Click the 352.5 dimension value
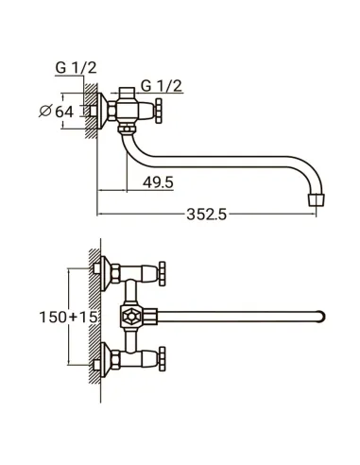click(207, 215)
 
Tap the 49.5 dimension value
click(158, 182)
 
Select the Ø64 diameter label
click(57, 112)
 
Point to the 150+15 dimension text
click(68, 317)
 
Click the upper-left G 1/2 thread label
click(76, 68)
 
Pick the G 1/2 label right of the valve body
click(162, 86)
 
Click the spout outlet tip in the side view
click(317, 200)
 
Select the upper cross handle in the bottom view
click(162, 274)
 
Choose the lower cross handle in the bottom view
click(162, 359)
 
